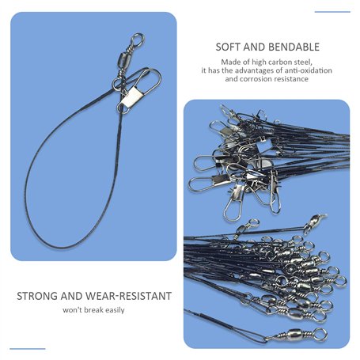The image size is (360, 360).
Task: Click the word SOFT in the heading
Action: pos(228,47)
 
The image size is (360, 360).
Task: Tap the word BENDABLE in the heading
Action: pos(293,47)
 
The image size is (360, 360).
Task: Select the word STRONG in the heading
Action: pos(37,296)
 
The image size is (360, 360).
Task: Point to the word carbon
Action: pos(277,63)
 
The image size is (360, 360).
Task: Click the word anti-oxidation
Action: pos(308,70)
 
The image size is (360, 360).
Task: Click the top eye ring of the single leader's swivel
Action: pos(138,39)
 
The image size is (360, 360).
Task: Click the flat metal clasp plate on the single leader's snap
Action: pos(131,97)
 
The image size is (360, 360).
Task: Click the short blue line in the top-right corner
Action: pos(332,12)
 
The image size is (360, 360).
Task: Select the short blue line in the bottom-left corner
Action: pos(28,349)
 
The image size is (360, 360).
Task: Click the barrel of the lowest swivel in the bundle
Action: pos(295,335)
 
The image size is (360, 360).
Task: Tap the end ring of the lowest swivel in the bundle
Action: pos(320,334)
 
